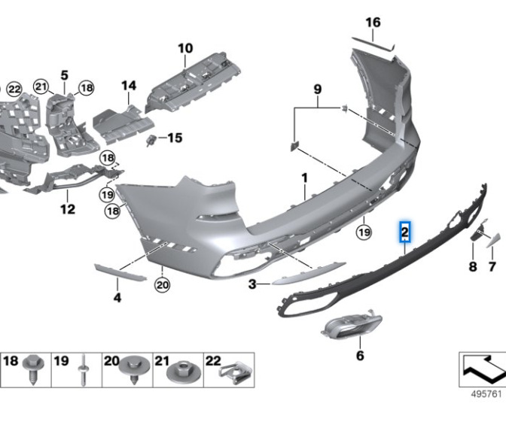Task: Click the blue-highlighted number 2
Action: coord(404,232)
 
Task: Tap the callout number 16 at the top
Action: coord(373,23)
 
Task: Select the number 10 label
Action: coord(185,48)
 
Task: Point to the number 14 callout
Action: coord(129,86)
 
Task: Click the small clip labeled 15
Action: coord(151,141)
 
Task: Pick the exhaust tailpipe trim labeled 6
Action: coord(352,325)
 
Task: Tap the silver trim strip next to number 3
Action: coord(309,274)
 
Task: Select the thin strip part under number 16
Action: coord(373,44)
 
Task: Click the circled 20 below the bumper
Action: coord(162,284)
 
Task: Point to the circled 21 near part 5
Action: coord(41,87)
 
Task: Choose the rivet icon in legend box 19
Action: coord(84,370)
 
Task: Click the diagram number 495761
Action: coord(486,394)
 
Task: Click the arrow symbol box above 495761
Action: coord(483,370)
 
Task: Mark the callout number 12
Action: coord(68,209)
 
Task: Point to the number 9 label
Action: coord(318,89)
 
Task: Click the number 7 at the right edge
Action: coord(492,266)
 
